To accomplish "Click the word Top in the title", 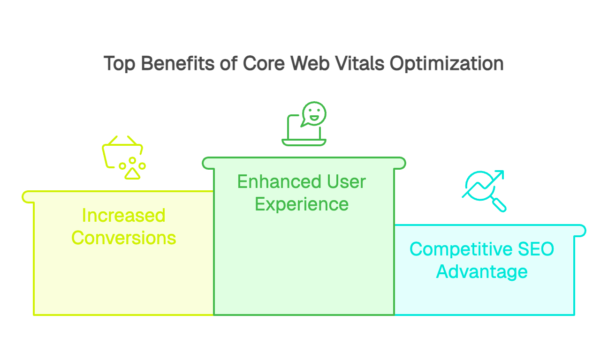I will click(x=120, y=64).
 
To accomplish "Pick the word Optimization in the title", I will click(x=447, y=64).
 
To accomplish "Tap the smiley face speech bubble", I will click(x=313, y=114).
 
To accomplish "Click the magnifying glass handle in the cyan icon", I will click(x=499, y=204).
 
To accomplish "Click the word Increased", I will click(x=123, y=216).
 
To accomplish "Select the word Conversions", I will click(x=123, y=238).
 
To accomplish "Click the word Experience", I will click(x=302, y=204).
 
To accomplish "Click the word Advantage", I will click(x=482, y=271).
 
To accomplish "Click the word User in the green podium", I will click(x=345, y=182).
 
